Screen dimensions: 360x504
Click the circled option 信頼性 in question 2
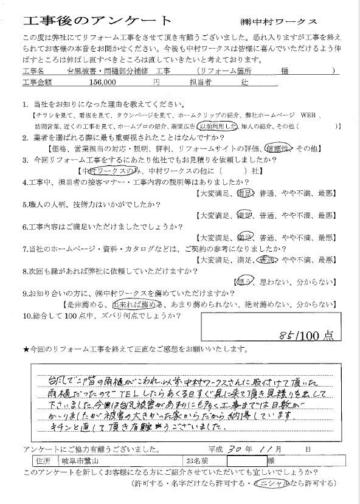click(x=279, y=148)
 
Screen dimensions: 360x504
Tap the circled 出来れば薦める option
click(x=138, y=303)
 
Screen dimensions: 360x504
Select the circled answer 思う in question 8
click(x=242, y=281)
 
